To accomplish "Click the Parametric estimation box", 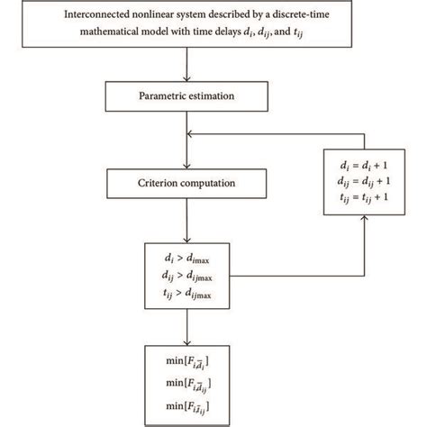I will point(184,95).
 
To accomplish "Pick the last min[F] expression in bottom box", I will point(184,407).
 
